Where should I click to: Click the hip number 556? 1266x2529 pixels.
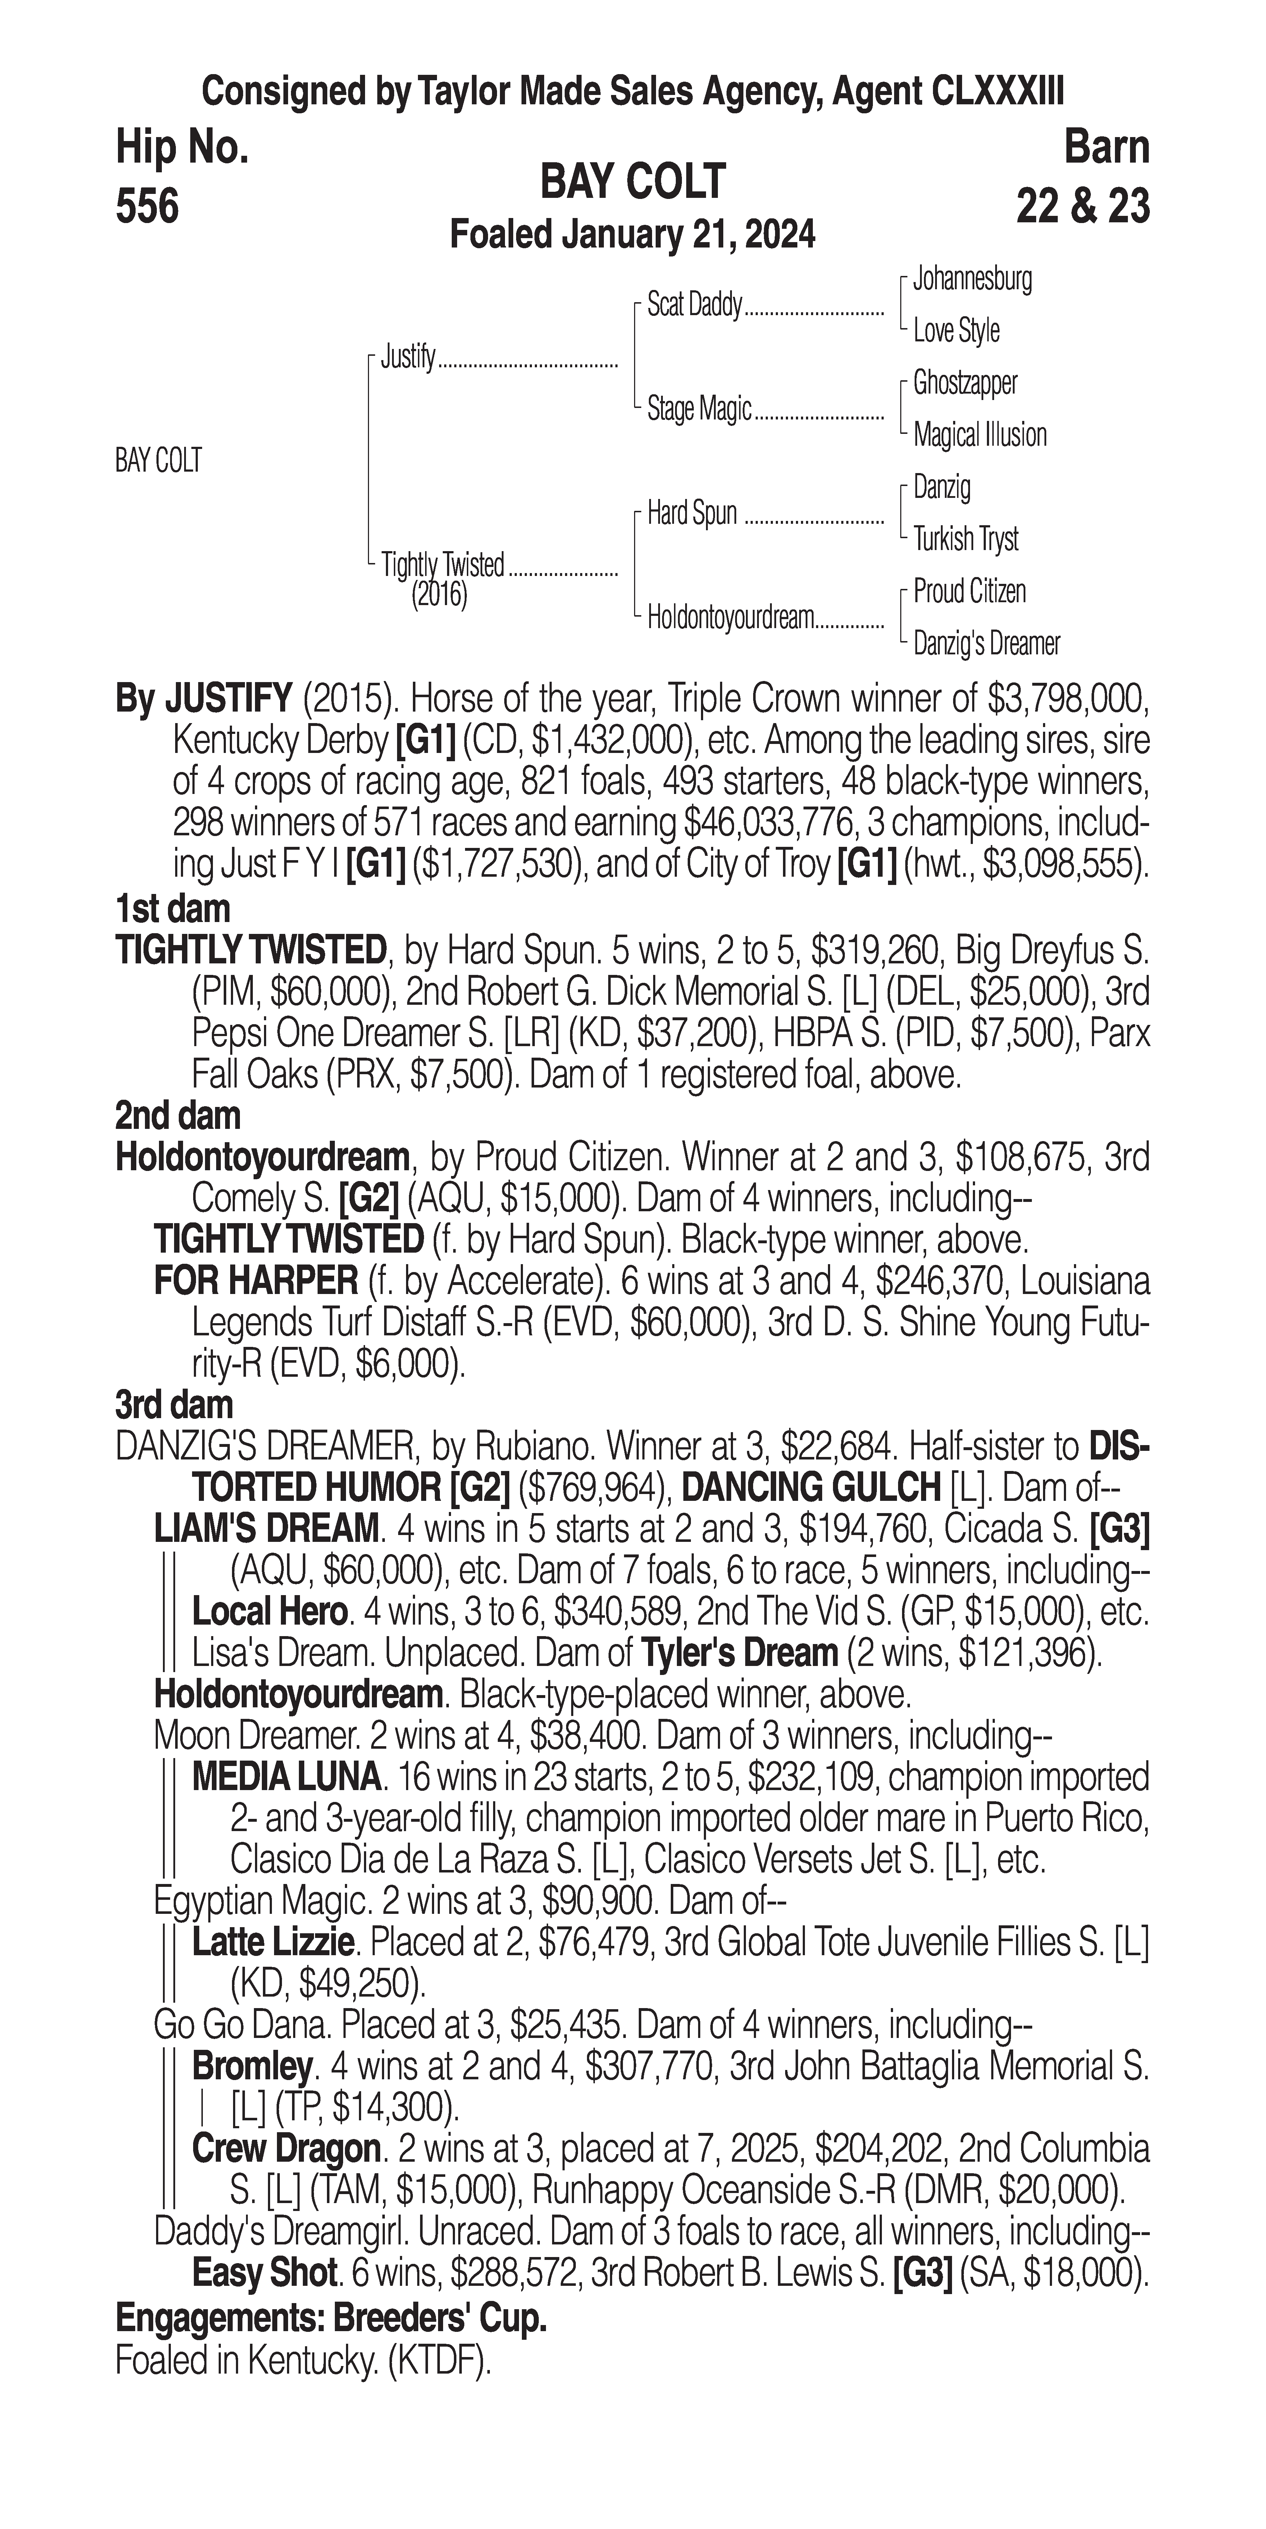click(147, 207)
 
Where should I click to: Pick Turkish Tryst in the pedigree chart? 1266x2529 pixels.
click(966, 539)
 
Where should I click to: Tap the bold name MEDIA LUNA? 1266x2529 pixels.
click(286, 1777)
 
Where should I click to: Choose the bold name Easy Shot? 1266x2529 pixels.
click(264, 2273)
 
